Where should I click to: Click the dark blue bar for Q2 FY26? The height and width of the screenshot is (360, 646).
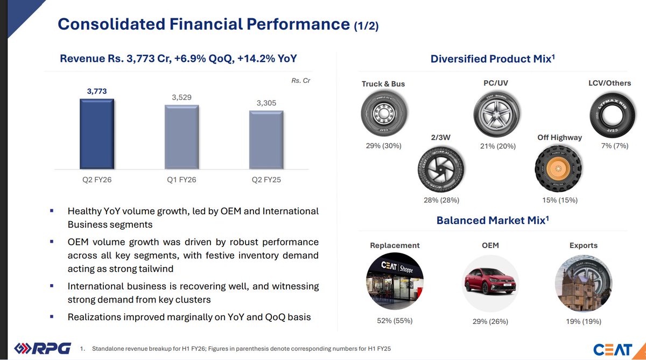(97, 135)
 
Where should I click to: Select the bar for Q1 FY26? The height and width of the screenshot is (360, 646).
(181, 138)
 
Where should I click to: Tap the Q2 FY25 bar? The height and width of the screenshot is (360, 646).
(266, 140)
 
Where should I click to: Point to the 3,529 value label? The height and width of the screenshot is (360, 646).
(181, 97)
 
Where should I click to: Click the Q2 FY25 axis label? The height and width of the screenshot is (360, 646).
(266, 180)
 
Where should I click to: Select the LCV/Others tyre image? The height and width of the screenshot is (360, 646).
(609, 114)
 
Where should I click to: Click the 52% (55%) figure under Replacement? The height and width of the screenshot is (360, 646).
(395, 321)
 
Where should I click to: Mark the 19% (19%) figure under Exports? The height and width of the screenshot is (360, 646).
(583, 321)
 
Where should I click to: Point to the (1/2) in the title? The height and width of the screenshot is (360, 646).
(366, 26)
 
